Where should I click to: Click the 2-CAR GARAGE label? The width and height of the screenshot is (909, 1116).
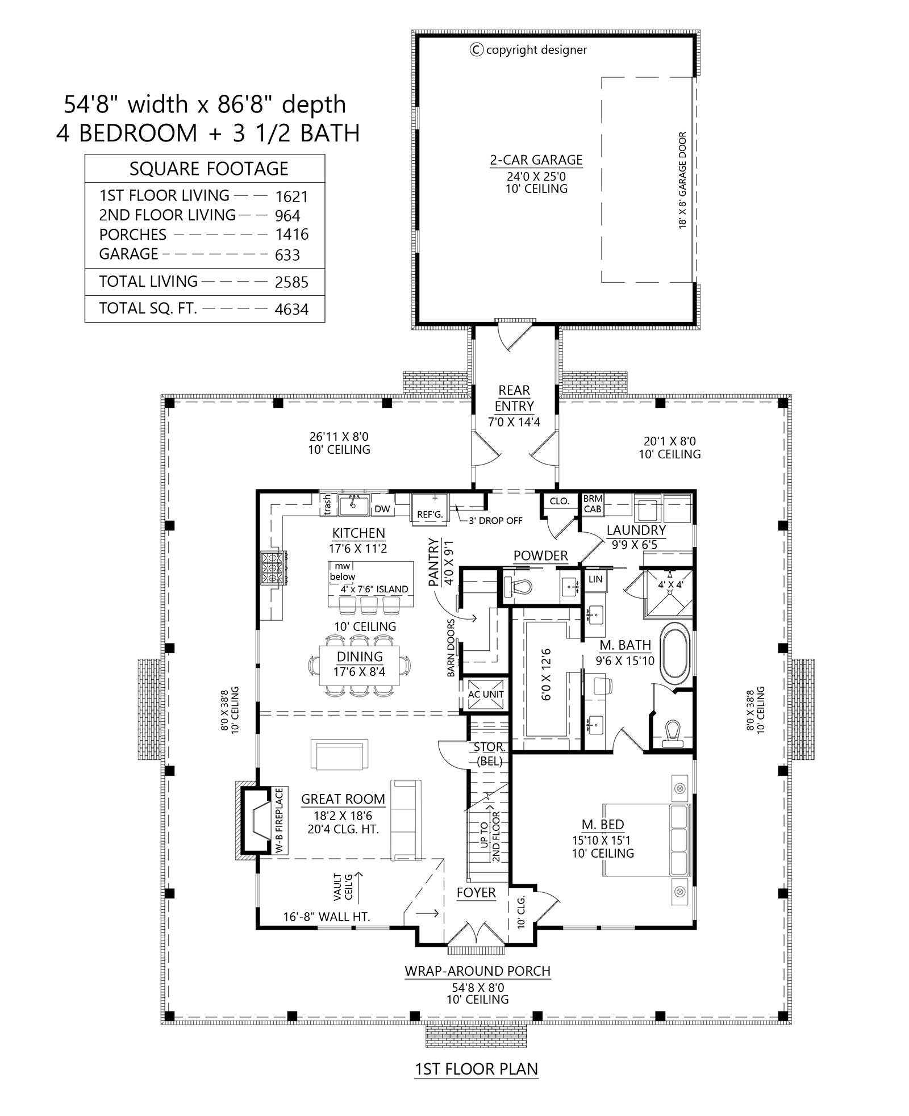(536, 161)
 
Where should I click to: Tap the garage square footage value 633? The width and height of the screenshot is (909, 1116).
(287, 255)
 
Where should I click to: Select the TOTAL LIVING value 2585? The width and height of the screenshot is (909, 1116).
(291, 282)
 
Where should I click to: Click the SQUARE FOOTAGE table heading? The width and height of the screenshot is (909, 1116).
(209, 169)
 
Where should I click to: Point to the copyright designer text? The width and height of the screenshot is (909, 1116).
(529, 50)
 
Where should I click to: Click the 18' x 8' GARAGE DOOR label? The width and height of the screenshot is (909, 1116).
(682, 181)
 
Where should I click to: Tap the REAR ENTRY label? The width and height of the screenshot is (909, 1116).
(514, 398)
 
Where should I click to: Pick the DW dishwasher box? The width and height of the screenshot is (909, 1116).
(382, 509)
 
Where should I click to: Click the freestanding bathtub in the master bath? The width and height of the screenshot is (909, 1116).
(675, 652)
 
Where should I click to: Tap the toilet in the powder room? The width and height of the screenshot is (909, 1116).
(518, 586)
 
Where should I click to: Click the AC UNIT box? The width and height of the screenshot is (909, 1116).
(486, 694)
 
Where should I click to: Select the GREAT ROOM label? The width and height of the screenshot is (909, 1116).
(343, 799)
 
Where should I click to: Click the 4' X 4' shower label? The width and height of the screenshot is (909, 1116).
(670, 584)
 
